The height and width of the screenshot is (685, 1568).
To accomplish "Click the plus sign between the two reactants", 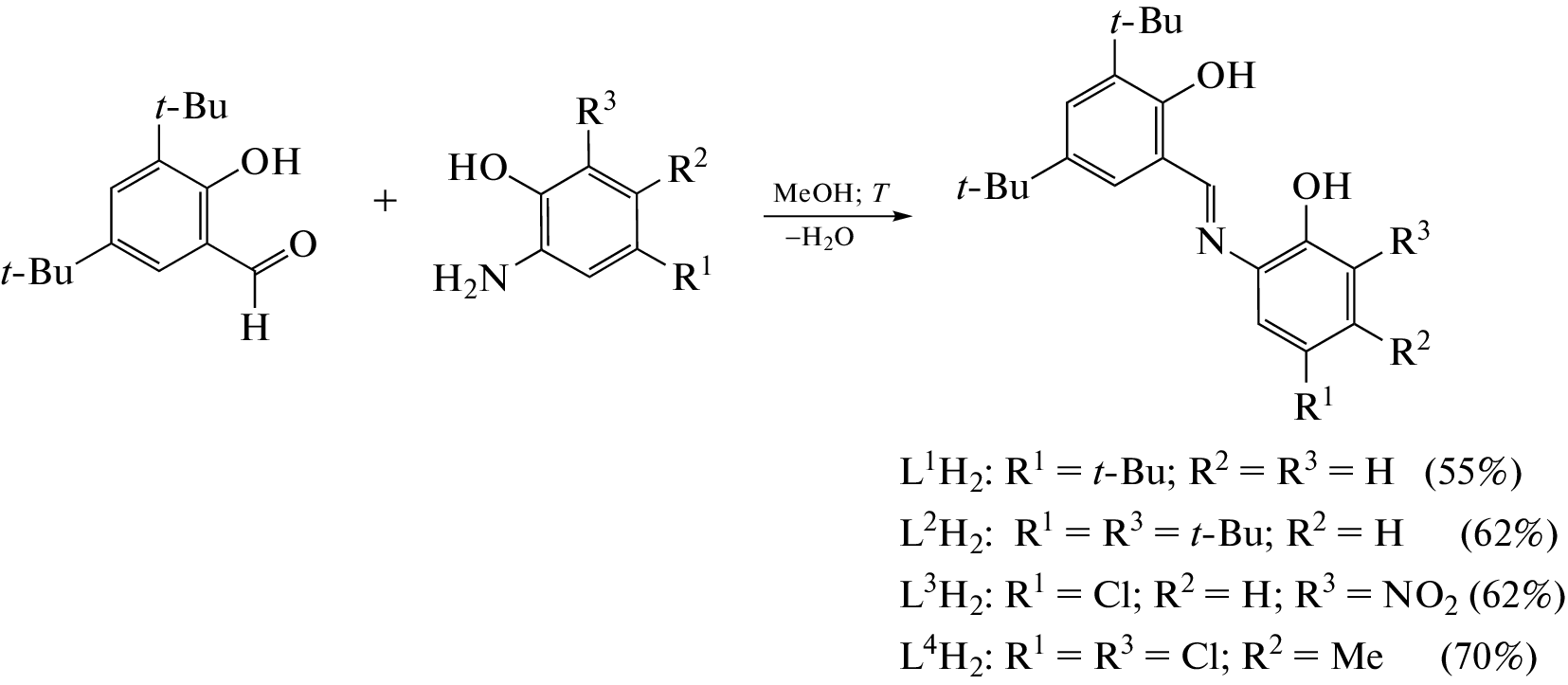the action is click(x=385, y=202).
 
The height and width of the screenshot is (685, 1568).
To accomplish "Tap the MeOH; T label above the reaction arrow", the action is click(x=831, y=193).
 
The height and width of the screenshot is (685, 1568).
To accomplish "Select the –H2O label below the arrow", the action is click(x=820, y=238).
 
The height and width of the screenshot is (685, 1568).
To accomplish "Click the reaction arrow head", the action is click(x=903, y=216).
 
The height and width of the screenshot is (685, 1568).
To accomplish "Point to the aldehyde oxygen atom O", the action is click(x=302, y=245).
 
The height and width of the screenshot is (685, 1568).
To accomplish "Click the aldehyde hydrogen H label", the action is click(x=255, y=328).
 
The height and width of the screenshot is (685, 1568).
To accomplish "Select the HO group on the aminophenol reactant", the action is click(x=478, y=169).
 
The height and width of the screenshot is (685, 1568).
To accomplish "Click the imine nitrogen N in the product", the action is click(x=1211, y=242).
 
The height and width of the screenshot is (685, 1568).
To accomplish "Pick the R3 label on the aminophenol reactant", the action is click(x=595, y=112).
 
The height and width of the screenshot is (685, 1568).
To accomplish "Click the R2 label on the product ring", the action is click(x=1410, y=350).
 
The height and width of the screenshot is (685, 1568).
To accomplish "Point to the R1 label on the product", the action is click(x=1315, y=406).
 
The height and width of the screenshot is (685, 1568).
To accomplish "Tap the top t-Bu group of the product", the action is click(x=1145, y=22).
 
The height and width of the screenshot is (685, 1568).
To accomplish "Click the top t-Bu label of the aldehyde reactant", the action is click(x=191, y=107).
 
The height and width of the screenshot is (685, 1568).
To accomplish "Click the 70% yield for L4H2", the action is click(x=1488, y=657).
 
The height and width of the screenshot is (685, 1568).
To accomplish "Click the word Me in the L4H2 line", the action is click(x=1358, y=657).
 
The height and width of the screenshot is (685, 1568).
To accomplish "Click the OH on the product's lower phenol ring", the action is click(x=1321, y=187).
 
